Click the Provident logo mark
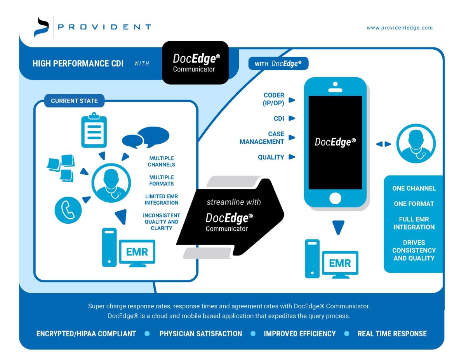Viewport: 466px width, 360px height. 41,27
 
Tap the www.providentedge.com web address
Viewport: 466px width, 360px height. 400,28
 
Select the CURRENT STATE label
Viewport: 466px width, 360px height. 74,101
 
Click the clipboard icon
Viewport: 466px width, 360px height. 94,130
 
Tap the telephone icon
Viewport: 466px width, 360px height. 68,210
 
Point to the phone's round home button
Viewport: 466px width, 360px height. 335,199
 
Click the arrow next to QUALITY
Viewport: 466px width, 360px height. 292,157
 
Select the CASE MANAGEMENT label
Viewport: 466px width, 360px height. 262,138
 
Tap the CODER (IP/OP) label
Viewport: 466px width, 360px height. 274,99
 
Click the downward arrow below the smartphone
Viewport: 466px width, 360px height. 339,227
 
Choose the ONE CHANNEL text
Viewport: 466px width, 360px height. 414,188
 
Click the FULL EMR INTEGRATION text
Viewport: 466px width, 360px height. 414,223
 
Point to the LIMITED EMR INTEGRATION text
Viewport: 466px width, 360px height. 162,200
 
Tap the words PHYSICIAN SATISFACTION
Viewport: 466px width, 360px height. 200,334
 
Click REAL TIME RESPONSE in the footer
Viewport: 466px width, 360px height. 392,334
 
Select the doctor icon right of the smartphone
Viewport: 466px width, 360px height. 416,144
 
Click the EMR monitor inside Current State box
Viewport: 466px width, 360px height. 137,253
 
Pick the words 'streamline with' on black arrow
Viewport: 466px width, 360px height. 234,202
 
